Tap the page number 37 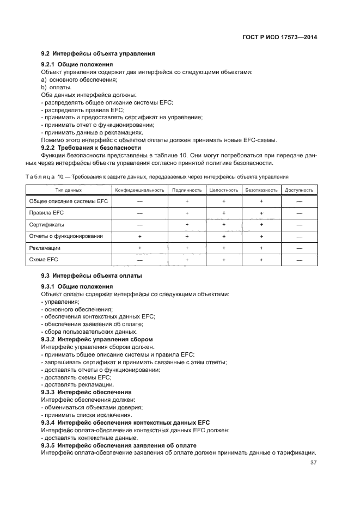point(313,463)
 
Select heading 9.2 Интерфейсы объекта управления point(98,53)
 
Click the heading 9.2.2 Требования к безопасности point(91,148)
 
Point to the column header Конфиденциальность point(139,190)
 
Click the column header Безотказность point(261,190)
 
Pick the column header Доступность point(299,190)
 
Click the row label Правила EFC point(46,213)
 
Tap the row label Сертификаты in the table point(46,224)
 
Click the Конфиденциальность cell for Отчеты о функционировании point(139,236)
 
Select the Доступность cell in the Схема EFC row point(299,260)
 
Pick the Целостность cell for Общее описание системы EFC point(224,201)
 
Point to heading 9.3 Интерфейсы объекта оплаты point(91,276)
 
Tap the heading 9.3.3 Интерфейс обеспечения point(86,392)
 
